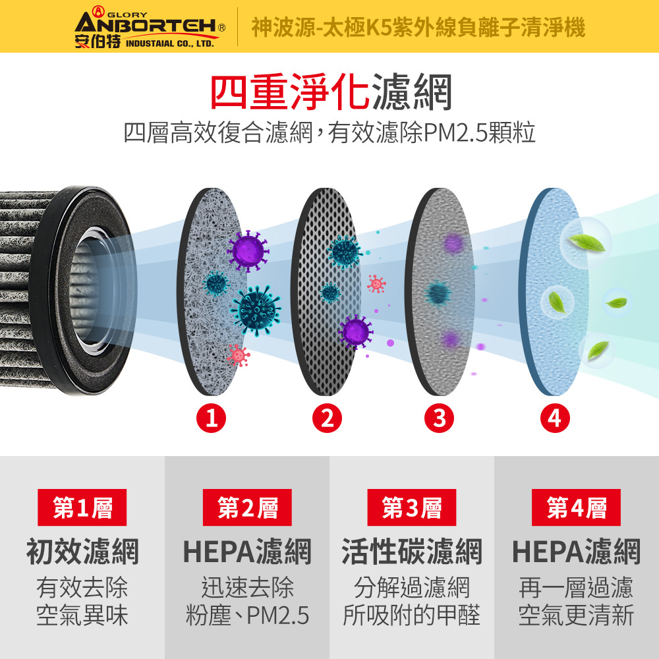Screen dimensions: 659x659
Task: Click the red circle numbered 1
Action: point(211,418)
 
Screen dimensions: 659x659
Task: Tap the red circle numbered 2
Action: point(327,418)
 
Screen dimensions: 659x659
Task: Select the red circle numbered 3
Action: point(439,418)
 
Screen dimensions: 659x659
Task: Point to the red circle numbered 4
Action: point(555,418)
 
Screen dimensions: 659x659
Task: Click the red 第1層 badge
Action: point(82,507)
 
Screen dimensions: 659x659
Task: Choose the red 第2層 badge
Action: point(247,507)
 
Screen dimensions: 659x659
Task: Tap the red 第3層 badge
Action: point(412,507)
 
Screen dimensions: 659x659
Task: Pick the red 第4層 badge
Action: point(576,507)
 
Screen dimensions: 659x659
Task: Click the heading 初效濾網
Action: point(82,552)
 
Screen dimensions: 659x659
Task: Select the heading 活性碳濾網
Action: point(412,552)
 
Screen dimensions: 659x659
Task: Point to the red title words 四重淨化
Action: point(290,92)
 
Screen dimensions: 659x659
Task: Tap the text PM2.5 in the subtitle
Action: point(455,133)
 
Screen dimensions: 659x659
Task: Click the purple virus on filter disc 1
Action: point(248,251)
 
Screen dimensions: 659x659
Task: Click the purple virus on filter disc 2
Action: point(356,332)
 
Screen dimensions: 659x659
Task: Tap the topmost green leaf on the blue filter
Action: point(587,243)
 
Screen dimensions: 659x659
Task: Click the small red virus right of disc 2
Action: point(376,284)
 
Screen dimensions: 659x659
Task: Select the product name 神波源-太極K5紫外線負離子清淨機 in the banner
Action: point(418,27)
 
